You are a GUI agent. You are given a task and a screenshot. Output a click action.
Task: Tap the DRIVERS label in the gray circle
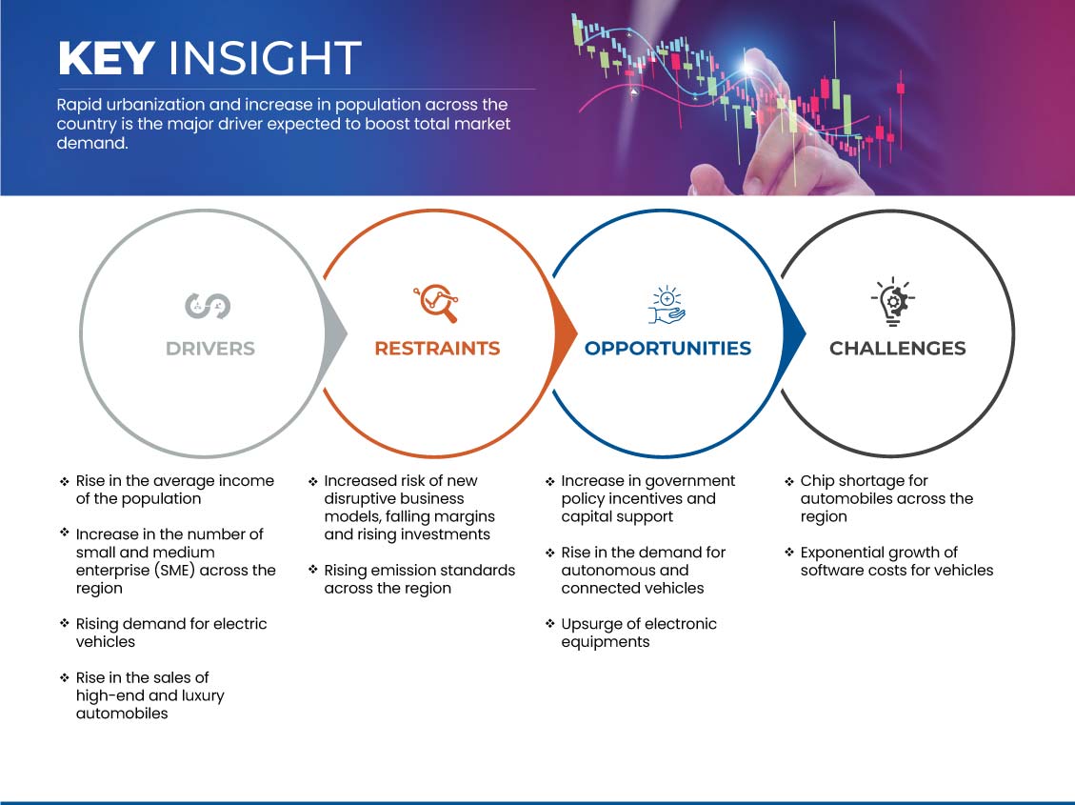point(210,349)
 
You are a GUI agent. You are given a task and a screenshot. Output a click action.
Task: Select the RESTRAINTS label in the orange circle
point(437,349)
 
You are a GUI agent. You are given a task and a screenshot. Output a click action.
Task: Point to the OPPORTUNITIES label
point(667,349)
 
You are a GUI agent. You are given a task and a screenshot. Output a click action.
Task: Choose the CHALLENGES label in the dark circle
point(898,349)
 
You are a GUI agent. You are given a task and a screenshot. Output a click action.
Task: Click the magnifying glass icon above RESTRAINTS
point(436,303)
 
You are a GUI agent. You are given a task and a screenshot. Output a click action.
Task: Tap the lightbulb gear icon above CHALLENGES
point(892,301)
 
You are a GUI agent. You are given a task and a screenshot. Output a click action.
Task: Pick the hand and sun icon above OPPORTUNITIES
point(667,305)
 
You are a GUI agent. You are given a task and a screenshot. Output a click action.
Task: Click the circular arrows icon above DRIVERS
point(208,306)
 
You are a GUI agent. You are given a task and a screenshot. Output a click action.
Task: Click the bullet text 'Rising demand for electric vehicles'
point(171,633)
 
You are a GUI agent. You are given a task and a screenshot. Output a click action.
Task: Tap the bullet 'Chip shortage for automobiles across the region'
point(886,498)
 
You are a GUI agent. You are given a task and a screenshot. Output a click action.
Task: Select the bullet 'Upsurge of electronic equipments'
point(639,633)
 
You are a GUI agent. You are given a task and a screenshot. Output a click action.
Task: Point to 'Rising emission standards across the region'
point(420,578)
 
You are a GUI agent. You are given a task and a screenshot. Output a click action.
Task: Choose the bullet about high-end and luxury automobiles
point(150,695)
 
